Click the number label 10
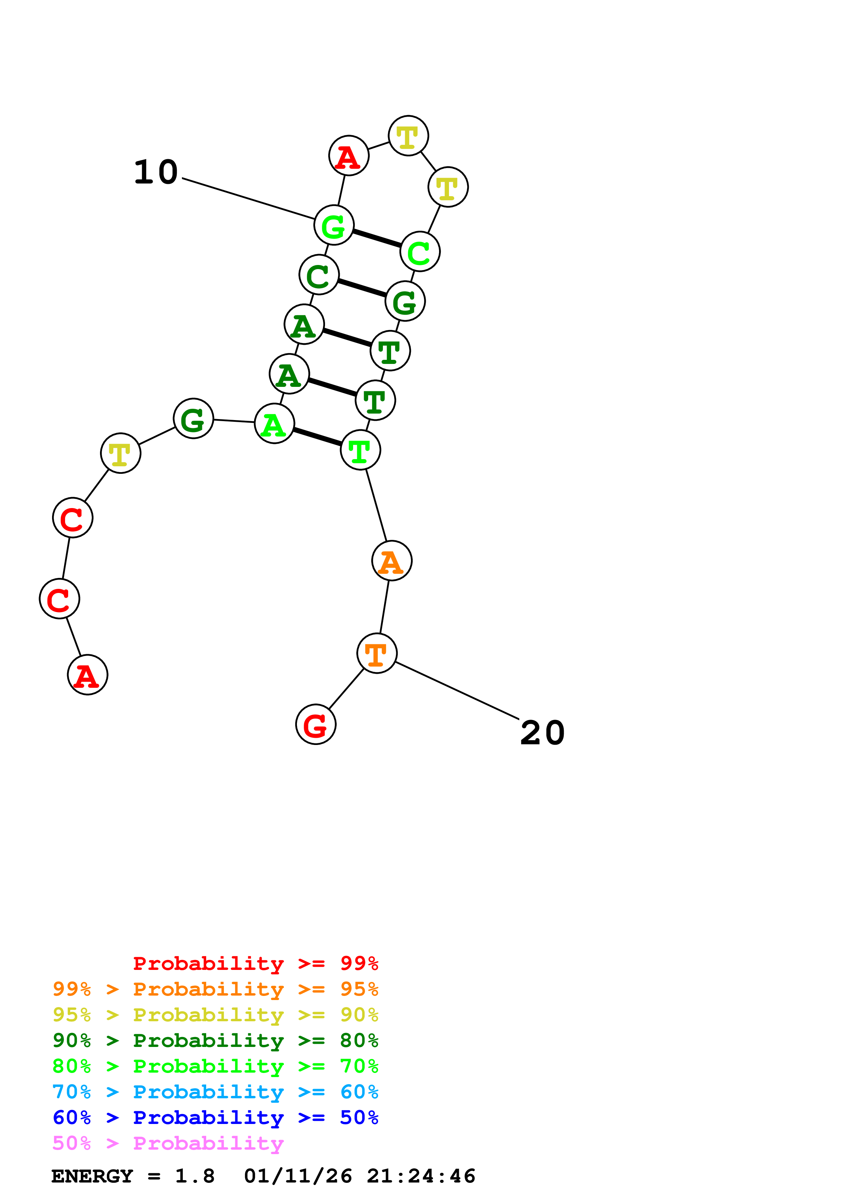pyautogui.click(x=156, y=172)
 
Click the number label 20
pyautogui.click(x=542, y=733)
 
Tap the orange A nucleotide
pyautogui.click(x=391, y=561)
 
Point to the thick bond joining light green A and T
pyautogui.click(x=317, y=437)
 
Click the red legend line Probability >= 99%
pyautogui.click(x=255, y=963)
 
